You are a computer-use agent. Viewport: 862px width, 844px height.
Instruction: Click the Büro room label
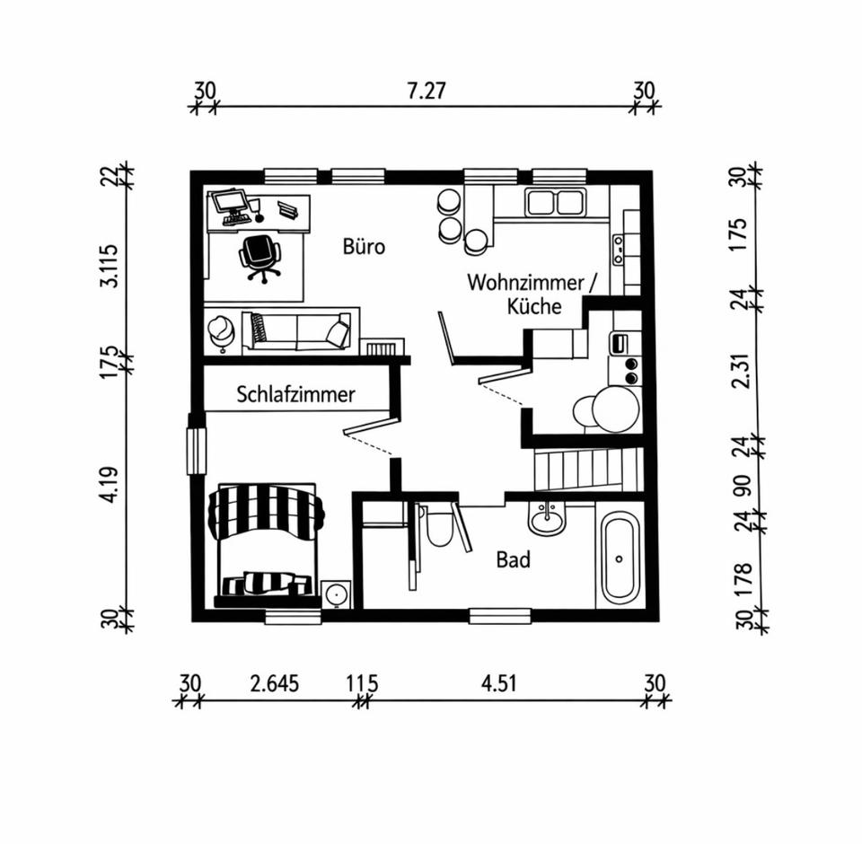pyautogui.click(x=364, y=246)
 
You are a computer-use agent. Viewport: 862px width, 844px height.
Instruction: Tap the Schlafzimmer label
pyautogui.click(x=295, y=394)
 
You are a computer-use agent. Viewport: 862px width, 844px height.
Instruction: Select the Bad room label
pyautogui.click(x=514, y=561)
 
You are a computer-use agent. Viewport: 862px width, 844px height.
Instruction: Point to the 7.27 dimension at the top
pyautogui.click(x=427, y=90)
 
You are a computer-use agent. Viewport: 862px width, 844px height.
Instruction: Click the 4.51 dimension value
pyautogui.click(x=499, y=683)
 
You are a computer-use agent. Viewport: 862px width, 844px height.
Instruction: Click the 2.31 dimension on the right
pyautogui.click(x=742, y=368)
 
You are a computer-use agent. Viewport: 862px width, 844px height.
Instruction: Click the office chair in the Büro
pyautogui.click(x=258, y=257)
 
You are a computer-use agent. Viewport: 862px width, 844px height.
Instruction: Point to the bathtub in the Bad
pyautogui.click(x=619, y=558)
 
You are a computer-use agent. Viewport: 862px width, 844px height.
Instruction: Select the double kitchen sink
pyautogui.click(x=555, y=202)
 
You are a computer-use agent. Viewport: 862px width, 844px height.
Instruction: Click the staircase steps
pyautogui.click(x=587, y=470)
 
